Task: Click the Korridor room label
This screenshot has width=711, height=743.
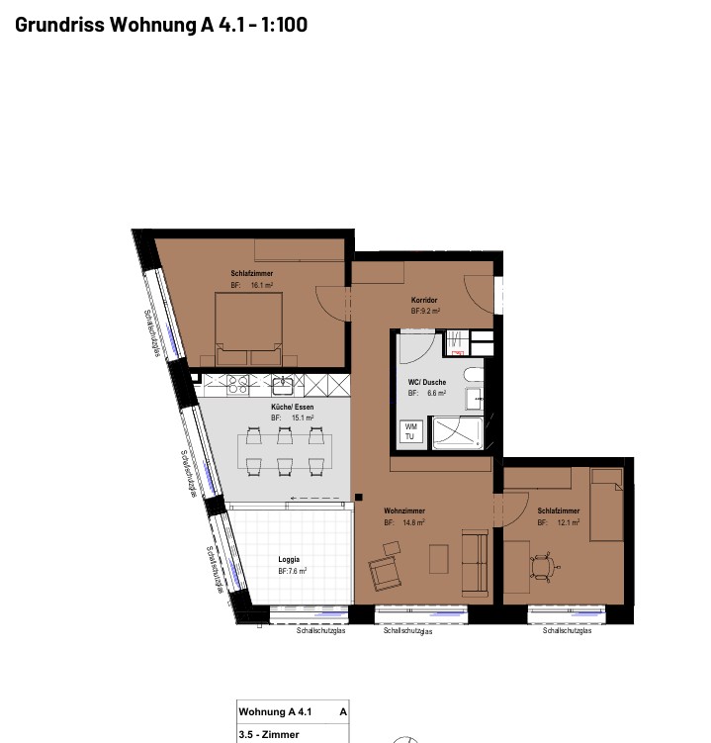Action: coord(424,300)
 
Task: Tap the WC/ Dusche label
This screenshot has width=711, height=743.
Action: coord(427,382)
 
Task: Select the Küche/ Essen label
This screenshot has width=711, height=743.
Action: coord(293,407)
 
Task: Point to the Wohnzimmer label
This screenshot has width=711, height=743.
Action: coord(404,511)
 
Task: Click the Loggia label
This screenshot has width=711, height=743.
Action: coord(289,560)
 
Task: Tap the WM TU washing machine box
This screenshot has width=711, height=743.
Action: coord(409,431)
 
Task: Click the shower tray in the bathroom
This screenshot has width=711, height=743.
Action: coord(458,432)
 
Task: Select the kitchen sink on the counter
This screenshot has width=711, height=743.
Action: coord(283,384)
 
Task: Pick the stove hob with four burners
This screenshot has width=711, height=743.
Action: coord(237,384)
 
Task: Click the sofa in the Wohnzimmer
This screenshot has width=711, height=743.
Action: coord(475,563)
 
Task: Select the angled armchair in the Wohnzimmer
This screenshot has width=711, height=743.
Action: coord(385,573)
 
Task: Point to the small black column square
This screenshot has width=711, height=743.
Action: coord(359,497)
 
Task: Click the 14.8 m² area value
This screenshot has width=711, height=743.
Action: coord(413,522)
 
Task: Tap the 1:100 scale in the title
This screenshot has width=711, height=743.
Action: coord(284,25)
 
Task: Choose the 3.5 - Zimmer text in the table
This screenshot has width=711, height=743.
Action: coord(269,734)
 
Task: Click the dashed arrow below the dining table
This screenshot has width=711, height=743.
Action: coord(315,498)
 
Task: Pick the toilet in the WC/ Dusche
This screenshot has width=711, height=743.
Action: coord(474,375)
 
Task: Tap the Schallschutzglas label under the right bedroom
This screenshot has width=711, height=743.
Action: coord(567,630)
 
